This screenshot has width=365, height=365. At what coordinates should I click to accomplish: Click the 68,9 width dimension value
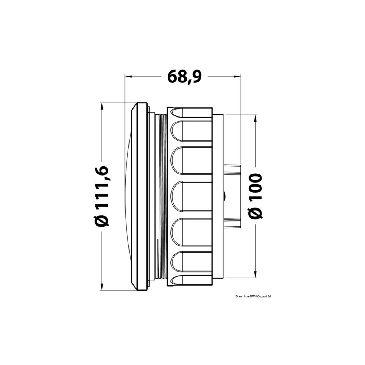(x=184, y=76)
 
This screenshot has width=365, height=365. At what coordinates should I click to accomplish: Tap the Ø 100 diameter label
(x=255, y=196)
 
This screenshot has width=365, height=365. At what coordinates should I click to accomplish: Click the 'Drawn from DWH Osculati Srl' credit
(x=254, y=296)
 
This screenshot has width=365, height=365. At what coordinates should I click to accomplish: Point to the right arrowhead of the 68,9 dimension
(x=237, y=76)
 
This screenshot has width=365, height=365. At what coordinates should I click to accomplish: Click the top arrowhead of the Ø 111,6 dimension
(x=101, y=106)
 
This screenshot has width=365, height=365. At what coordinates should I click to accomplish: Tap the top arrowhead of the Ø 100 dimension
(x=255, y=118)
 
